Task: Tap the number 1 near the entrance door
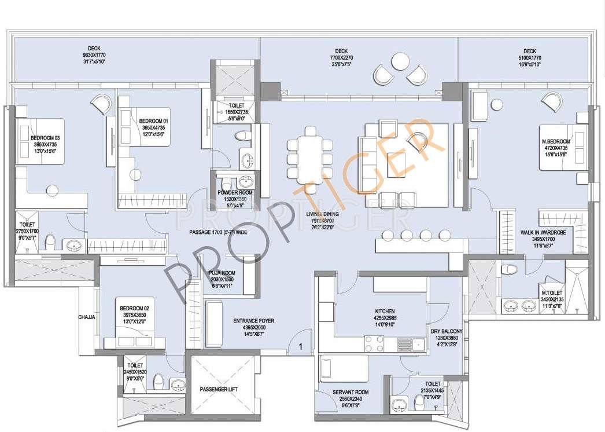pyautogui.click(x=301, y=347)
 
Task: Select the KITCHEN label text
pyautogui.click(x=385, y=311)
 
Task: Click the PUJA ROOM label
pyautogui.click(x=222, y=273)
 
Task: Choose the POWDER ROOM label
pyautogui.click(x=235, y=193)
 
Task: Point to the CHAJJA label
pyautogui.click(x=87, y=317)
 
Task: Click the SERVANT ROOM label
pyautogui.click(x=351, y=392)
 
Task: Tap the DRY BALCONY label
pyautogui.click(x=448, y=331)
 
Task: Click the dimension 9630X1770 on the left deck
pyautogui.click(x=94, y=54)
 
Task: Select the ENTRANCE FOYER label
pyautogui.click(x=253, y=320)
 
